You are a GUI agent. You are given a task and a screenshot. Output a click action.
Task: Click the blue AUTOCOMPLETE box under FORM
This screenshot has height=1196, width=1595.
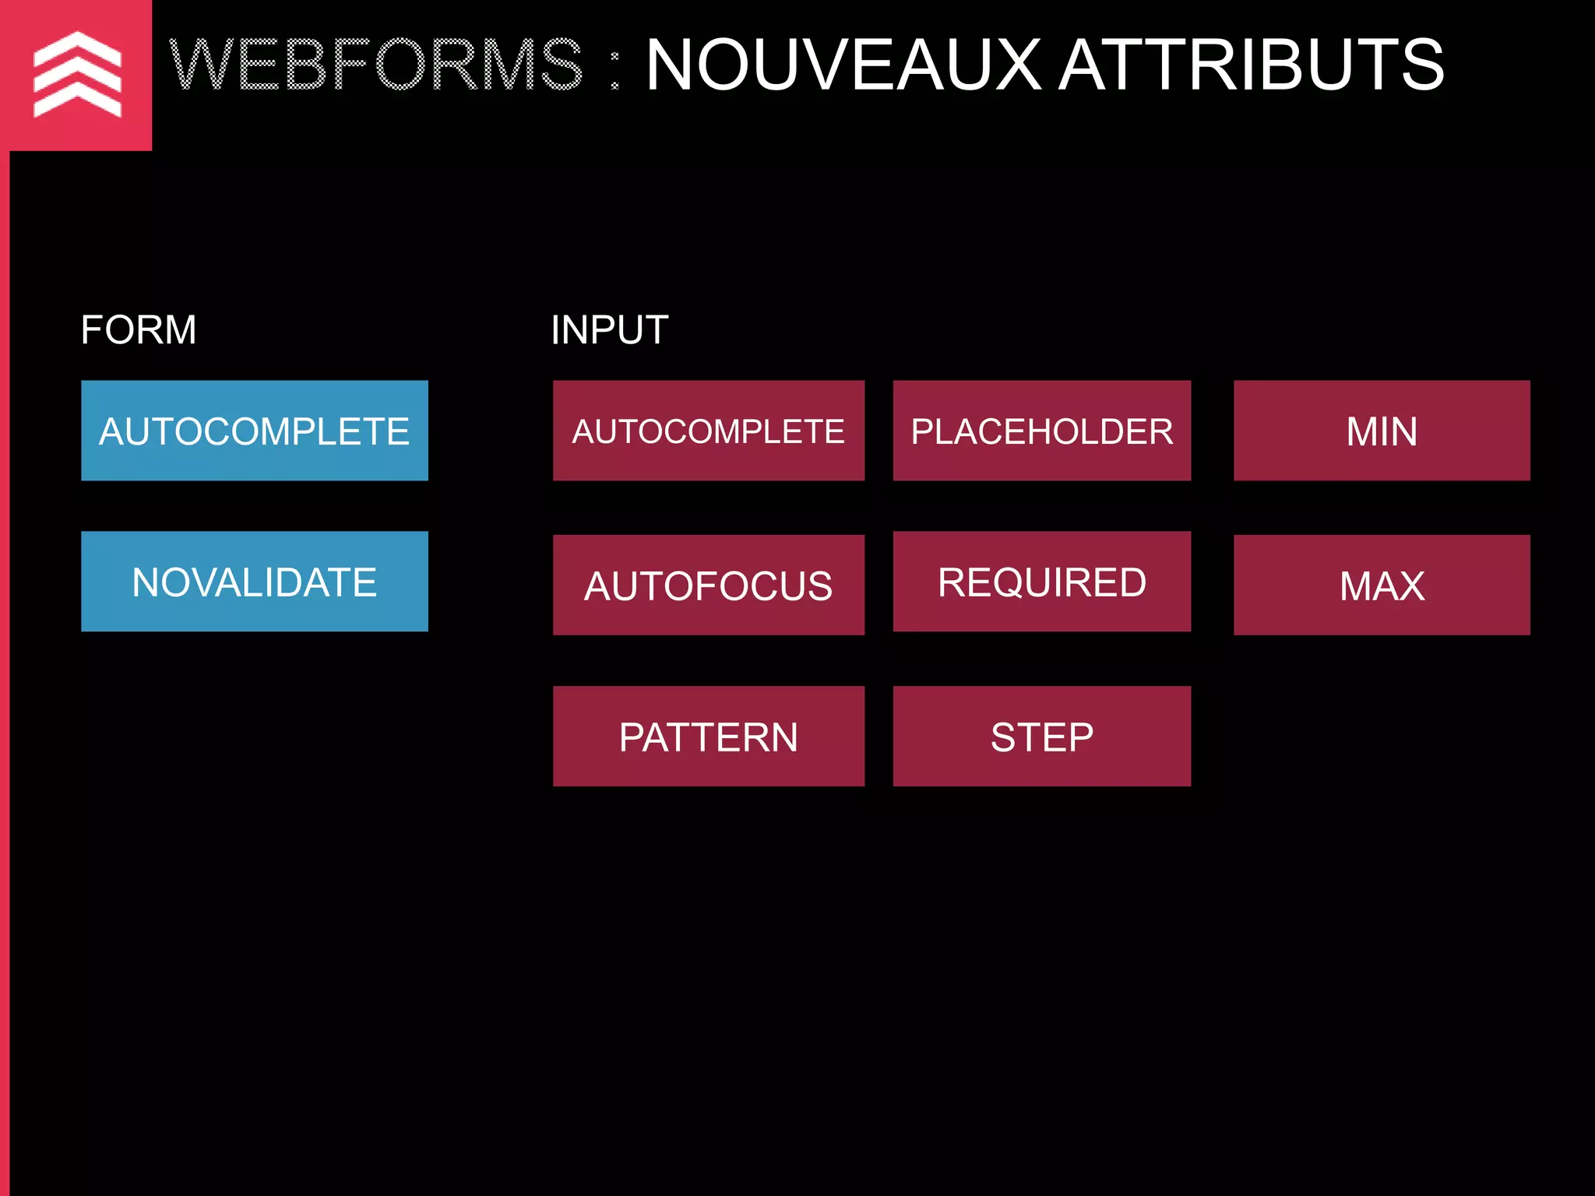tap(254, 431)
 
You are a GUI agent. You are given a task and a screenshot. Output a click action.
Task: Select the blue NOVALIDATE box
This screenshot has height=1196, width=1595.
tap(254, 582)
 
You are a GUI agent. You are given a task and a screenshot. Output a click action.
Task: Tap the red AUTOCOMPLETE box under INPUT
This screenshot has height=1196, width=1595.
tap(708, 431)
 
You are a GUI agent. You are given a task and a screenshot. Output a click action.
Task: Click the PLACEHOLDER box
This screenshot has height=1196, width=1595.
tap(1041, 431)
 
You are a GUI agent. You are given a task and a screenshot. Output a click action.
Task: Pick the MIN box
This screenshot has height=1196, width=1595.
tap(1382, 431)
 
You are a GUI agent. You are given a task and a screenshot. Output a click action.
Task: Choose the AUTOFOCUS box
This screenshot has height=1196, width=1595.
tap(708, 585)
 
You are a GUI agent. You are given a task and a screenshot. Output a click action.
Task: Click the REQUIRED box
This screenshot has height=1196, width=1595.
tap(1041, 582)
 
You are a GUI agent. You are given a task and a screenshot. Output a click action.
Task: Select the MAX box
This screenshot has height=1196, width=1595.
tap(1382, 585)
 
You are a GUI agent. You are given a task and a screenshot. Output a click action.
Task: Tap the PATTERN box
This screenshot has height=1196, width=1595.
tap(708, 737)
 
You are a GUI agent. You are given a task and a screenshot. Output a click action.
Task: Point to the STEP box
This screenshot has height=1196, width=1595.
tap(1041, 737)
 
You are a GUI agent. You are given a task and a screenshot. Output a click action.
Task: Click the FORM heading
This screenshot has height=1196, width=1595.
tap(139, 330)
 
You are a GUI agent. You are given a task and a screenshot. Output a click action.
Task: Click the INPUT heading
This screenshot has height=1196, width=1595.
tap(609, 330)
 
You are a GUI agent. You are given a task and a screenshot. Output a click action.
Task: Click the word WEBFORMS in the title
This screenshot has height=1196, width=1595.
tap(376, 65)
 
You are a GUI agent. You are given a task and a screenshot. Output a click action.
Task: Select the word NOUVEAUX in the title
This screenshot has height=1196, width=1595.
tap(843, 65)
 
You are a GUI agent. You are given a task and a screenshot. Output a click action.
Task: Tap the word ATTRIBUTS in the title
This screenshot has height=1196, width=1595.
tap(1252, 65)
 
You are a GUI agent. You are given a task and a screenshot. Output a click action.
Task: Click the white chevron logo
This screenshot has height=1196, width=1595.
tap(77, 75)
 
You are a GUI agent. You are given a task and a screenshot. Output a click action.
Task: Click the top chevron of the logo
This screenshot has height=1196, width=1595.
tap(77, 47)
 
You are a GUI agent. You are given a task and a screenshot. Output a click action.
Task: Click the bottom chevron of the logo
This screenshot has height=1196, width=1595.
tap(77, 104)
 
